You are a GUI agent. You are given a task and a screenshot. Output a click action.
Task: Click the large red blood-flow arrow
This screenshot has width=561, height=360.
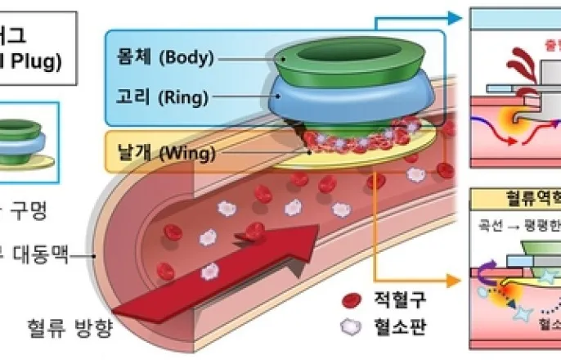pos(229,270)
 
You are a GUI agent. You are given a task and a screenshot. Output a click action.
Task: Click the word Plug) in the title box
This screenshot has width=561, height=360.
pos(33,62)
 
